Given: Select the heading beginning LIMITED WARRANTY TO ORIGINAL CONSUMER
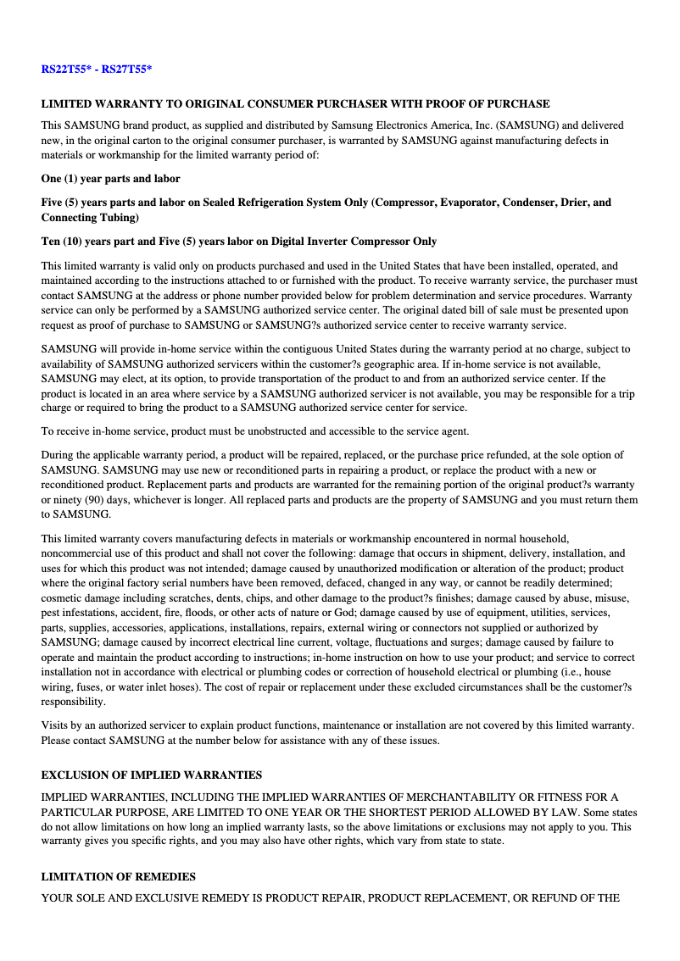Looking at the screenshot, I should pyautogui.click(x=295, y=104).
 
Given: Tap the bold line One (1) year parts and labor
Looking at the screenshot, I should pyautogui.click(x=110, y=179).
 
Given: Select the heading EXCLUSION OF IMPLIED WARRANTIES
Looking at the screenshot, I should pyautogui.click(x=151, y=775).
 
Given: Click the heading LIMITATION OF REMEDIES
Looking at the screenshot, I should pyautogui.click(x=118, y=877).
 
